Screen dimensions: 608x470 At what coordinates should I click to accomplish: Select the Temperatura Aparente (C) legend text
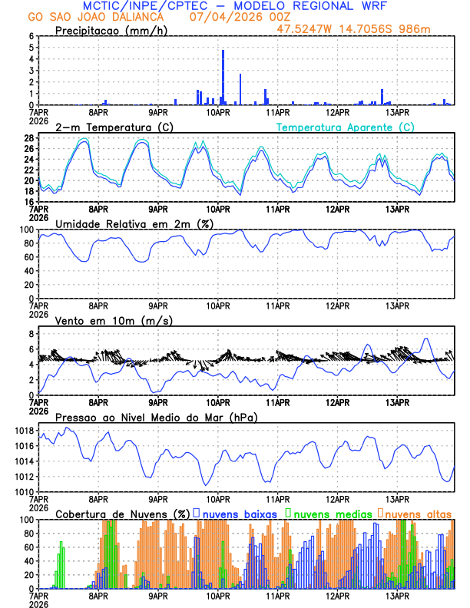[x=346, y=127]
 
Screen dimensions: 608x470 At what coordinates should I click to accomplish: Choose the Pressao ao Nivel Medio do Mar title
[x=156, y=417]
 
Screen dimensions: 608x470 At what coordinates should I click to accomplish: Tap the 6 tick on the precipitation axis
[x=31, y=36]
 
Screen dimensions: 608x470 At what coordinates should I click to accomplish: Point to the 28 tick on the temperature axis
[x=28, y=138]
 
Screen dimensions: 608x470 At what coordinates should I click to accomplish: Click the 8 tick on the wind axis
[x=31, y=334]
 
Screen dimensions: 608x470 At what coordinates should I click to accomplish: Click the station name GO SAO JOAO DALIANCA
[x=92, y=16]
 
